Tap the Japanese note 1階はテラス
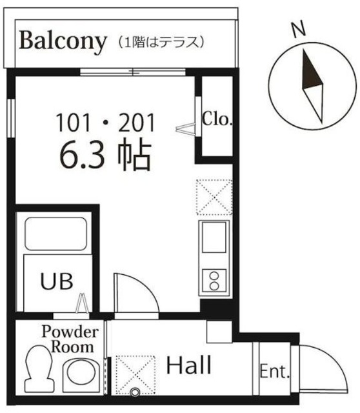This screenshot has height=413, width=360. pyautogui.click(x=161, y=42)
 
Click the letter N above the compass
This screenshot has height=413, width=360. pyautogui.click(x=297, y=30)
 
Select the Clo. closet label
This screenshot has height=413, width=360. pyautogui.click(x=217, y=119)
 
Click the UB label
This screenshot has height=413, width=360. pyautogui.click(x=57, y=281)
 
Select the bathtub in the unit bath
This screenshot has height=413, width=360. pyautogui.click(x=55, y=234)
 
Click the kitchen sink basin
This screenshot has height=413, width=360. pyautogui.click(x=214, y=237)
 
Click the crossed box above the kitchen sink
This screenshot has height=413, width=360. pyautogui.click(x=214, y=196)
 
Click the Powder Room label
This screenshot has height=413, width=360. pyautogui.click(x=70, y=339)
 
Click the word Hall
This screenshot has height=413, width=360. pyautogui.click(x=188, y=367)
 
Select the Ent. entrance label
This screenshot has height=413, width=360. pyautogui.click(x=274, y=372)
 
